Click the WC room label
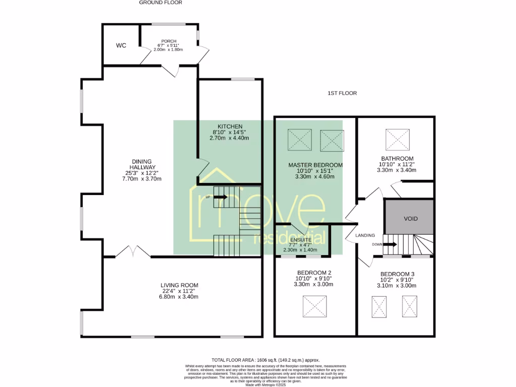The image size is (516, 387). point(121,45)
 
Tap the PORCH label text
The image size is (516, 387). point(168,41)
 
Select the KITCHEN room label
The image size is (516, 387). point(230,126)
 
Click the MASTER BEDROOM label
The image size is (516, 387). point(315,165)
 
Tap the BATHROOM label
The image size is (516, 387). point(397,158)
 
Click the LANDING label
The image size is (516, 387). point(365,235)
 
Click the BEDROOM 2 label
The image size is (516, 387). point(313,273)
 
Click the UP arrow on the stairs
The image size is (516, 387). point(220,197)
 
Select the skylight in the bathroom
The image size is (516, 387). point(398,139)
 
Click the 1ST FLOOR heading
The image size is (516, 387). point(342,93)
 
